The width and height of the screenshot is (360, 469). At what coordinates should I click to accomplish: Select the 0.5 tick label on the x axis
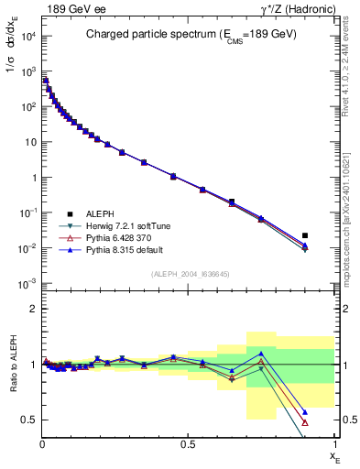click(x=188, y=444)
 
